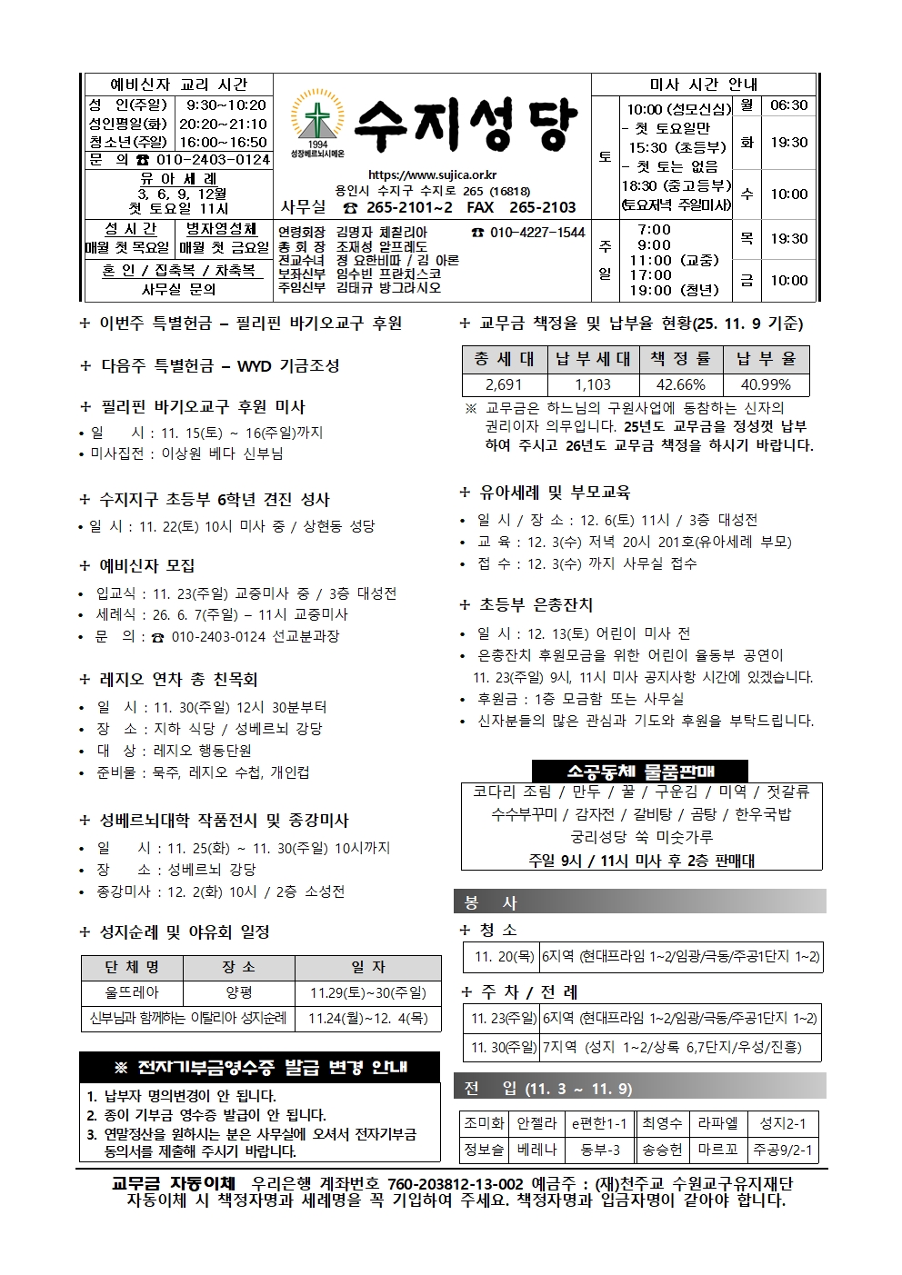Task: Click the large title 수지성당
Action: pyautogui.click(x=465, y=125)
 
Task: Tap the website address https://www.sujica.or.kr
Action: pyautogui.click(x=432, y=175)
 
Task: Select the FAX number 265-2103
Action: pyautogui.click(x=543, y=207)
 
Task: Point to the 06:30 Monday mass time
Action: pyautogui.click(x=788, y=105)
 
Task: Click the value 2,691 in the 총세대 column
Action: pyautogui.click(x=504, y=385)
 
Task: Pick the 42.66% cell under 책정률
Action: pyautogui.click(x=680, y=385)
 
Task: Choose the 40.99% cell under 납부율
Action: pyautogui.click(x=766, y=385)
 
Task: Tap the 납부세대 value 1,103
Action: pyautogui.click(x=593, y=385)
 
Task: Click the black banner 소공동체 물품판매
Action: pyautogui.click(x=640, y=772)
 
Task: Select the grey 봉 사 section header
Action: pyautogui.click(x=639, y=902)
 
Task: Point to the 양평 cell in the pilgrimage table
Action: pyautogui.click(x=239, y=993)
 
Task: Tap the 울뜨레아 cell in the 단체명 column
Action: pyautogui.click(x=132, y=993)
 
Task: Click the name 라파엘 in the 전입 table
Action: pyautogui.click(x=717, y=1123)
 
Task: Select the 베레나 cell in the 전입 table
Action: pyautogui.click(x=536, y=1150)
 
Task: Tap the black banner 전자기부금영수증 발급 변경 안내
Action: pyautogui.click(x=260, y=1068)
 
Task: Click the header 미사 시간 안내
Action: pyautogui.click(x=704, y=85)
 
